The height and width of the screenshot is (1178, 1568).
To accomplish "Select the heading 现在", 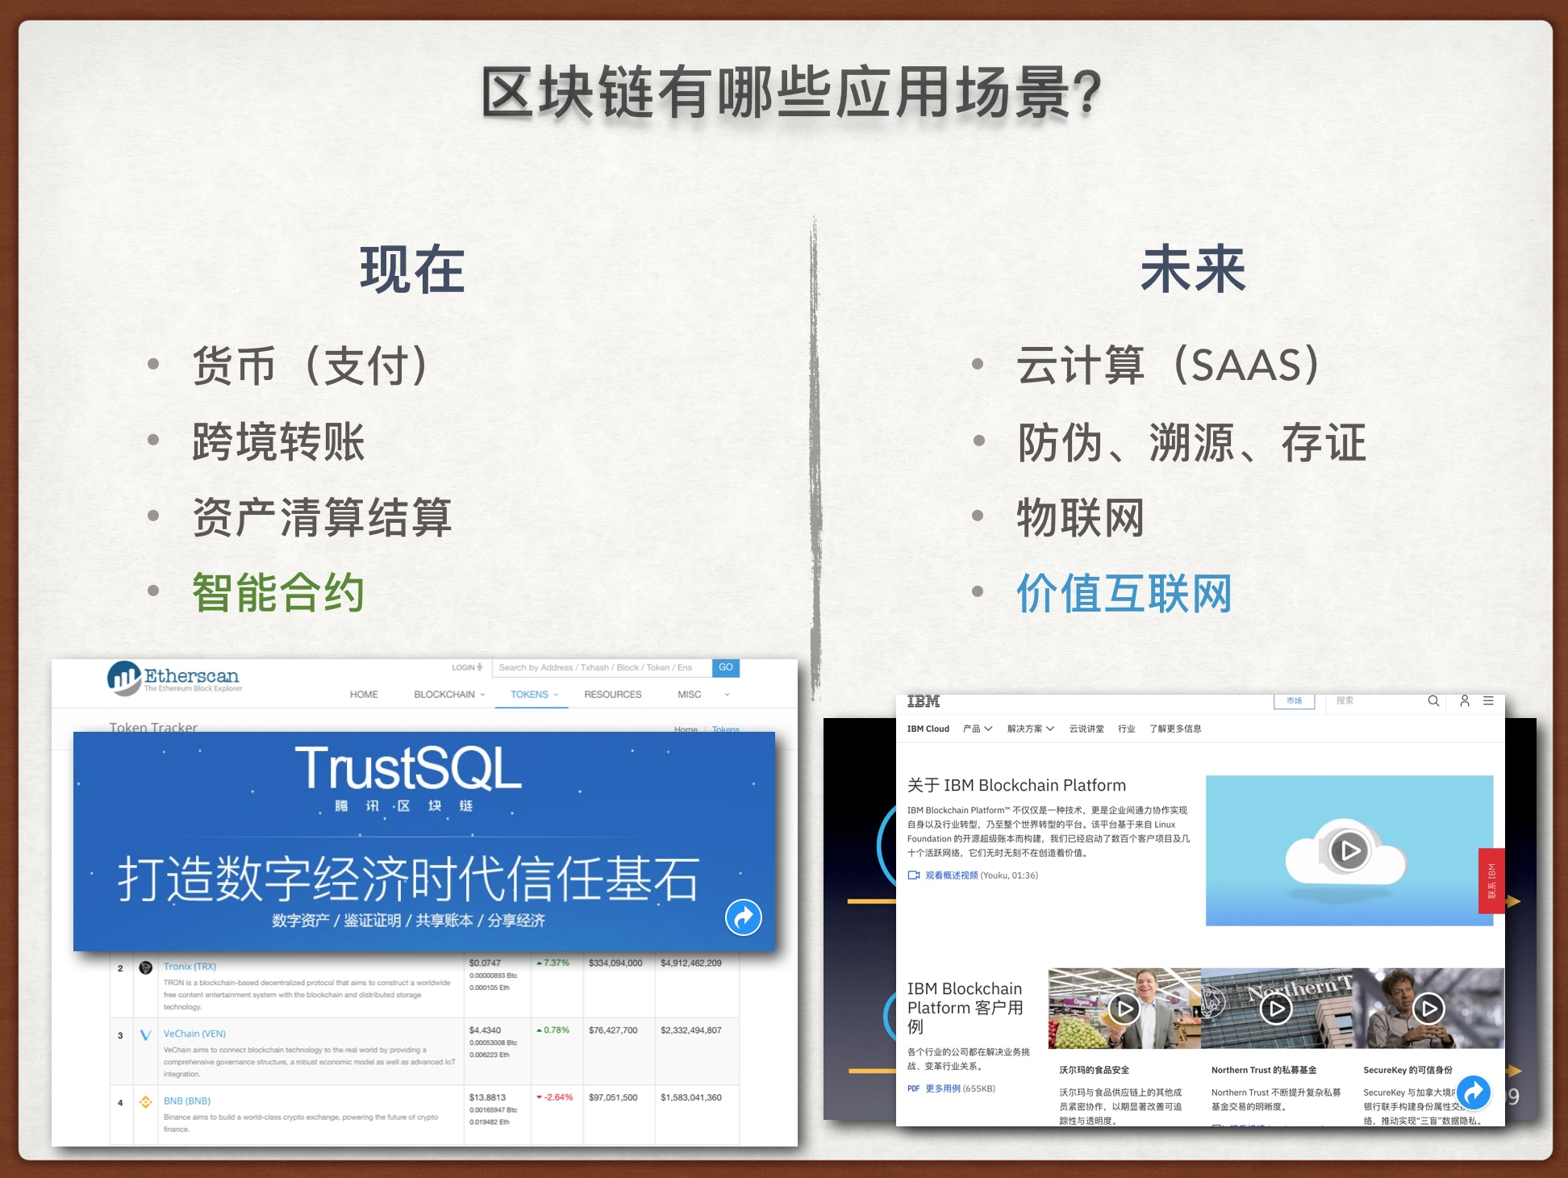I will point(412,270).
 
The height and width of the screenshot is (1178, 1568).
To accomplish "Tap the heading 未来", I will point(1193,270).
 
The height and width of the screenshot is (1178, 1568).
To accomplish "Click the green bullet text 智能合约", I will point(278,592).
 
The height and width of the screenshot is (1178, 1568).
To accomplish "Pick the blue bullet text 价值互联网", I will point(1124,594).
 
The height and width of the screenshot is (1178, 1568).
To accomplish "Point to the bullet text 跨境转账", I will point(278,441).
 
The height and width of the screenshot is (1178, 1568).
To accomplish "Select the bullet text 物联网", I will point(1080,517).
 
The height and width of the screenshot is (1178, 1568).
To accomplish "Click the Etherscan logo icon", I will point(124,678).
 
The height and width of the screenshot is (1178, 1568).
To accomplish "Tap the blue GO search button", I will point(725,667).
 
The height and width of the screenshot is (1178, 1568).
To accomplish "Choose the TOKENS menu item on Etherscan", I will point(529,694).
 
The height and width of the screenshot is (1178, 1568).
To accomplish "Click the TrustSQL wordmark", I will point(408,768).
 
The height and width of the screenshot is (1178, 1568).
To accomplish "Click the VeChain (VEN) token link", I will point(194,1034).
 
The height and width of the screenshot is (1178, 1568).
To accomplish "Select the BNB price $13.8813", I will point(487,1097).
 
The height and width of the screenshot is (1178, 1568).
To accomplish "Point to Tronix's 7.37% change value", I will point(556,963).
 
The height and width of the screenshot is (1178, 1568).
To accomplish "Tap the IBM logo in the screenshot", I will point(924,701).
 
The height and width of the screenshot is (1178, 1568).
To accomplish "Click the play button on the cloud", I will point(1349,850).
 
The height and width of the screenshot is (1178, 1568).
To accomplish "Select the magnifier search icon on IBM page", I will point(1433,701).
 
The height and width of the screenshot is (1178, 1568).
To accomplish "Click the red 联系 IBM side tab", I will point(1491,881).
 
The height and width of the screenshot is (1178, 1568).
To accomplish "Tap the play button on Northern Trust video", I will point(1276,1009).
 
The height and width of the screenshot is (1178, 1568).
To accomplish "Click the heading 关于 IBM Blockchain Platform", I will point(1016,785).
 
